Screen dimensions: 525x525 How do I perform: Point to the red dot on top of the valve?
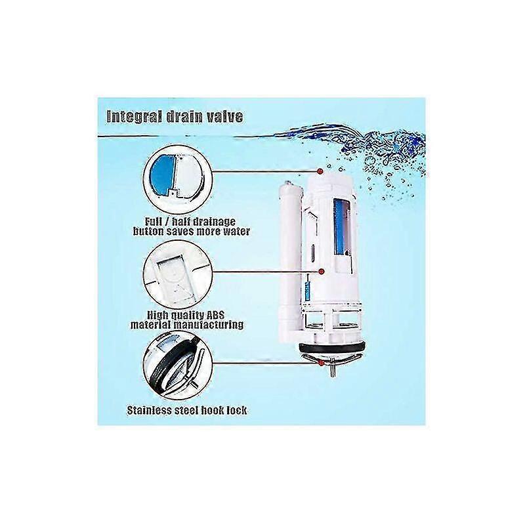(320, 171)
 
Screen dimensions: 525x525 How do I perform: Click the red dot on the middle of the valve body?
(322, 270)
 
